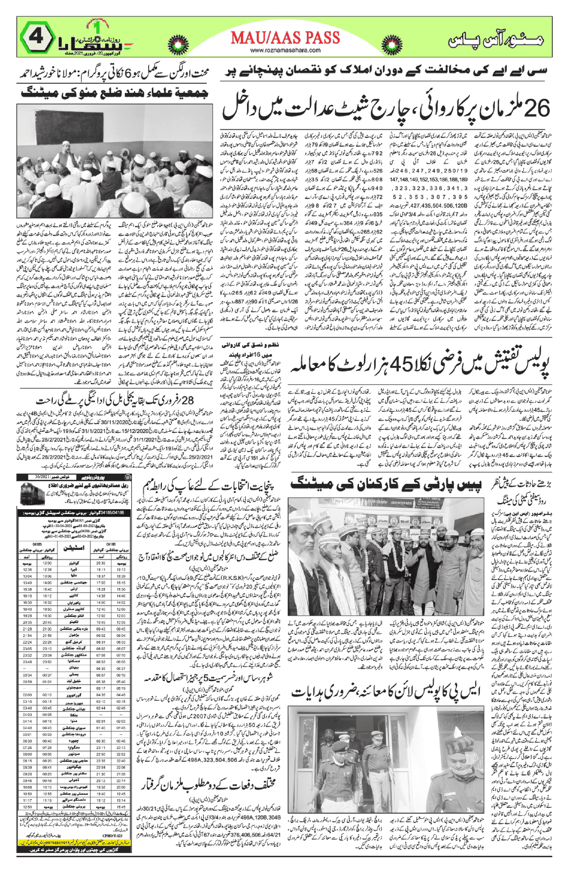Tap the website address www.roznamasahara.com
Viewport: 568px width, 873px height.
pos(285,50)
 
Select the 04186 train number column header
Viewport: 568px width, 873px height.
pos(111,544)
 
